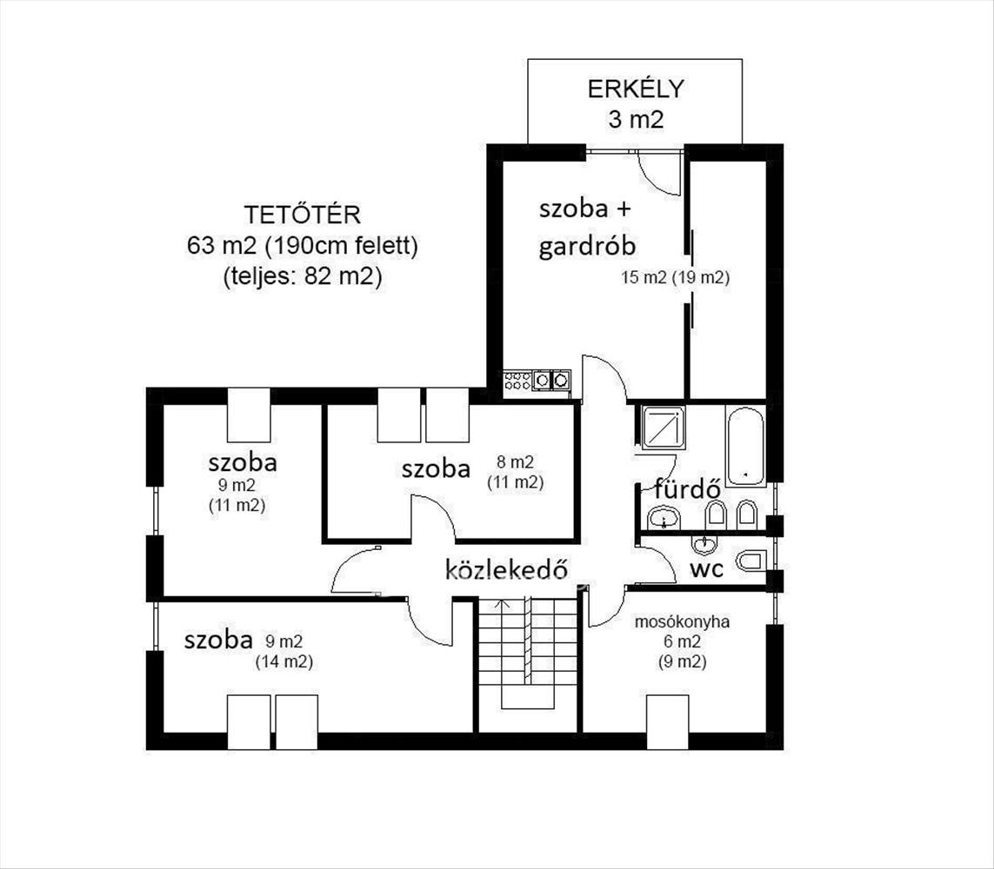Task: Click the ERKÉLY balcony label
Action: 636,89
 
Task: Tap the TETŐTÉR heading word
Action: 303,215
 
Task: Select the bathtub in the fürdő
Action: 745,447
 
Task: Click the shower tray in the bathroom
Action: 663,427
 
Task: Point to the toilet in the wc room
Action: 751,561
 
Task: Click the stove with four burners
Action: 517,380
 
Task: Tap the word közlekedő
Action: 506,568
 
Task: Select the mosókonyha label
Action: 682,622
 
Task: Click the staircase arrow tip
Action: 502,600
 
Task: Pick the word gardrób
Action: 587,247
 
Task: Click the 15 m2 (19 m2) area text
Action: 675,277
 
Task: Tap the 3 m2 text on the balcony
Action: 636,119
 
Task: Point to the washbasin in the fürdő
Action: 664,518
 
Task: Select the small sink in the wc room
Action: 704,543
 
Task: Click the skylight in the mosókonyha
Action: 668,722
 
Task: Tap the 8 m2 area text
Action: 516,461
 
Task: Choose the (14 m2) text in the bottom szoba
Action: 284,662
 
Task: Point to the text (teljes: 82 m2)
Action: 303,276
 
